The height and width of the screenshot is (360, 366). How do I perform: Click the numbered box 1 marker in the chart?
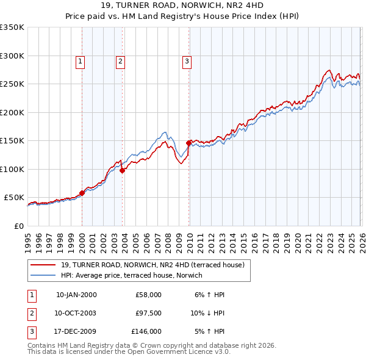81,60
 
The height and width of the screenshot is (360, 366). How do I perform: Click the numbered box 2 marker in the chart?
121,60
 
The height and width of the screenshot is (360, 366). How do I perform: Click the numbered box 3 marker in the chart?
187,60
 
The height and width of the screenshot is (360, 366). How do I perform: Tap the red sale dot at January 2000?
82,193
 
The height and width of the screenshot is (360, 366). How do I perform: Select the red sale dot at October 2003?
122,171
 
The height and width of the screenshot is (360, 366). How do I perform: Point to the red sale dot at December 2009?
188,143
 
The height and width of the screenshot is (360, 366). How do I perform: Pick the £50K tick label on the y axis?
14,198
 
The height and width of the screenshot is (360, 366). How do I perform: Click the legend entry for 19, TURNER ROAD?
152,265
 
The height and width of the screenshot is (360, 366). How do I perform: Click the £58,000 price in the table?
148,295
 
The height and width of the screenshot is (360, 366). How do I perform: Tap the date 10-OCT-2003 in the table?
76,313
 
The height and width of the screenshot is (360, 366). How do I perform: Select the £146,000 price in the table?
146,332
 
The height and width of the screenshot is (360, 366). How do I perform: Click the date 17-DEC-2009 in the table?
76,332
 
